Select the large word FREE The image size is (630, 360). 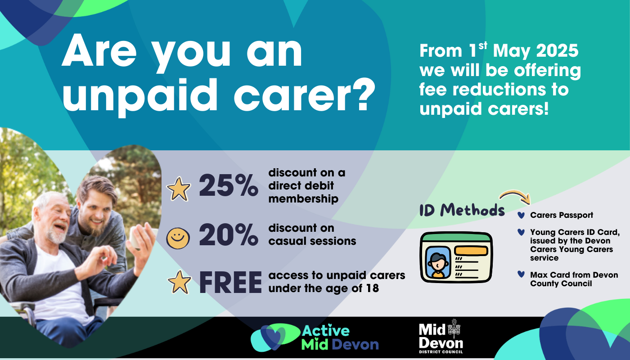tap(230, 282)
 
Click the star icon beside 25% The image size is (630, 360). tap(179, 189)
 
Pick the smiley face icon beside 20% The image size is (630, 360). tap(178, 238)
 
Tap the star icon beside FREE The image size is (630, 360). tap(179, 282)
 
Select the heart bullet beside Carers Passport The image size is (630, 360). tap(521, 215)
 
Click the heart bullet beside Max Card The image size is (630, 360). tap(521, 274)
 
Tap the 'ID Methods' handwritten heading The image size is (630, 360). tap(462, 210)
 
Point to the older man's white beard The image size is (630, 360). tap(56, 234)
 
